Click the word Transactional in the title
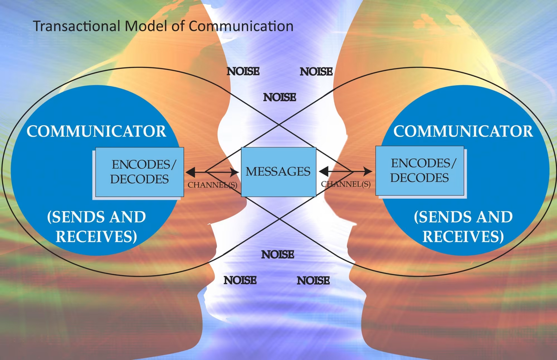(x=76, y=26)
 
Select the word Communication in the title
(x=241, y=26)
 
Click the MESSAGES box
(x=278, y=172)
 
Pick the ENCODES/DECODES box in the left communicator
(x=140, y=172)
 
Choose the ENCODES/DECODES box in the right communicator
(x=420, y=171)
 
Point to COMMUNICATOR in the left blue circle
(x=96, y=131)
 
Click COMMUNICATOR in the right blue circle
(x=463, y=131)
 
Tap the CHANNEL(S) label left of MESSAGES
(x=213, y=185)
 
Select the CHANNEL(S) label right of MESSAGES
(x=346, y=184)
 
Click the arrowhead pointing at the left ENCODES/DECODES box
(x=190, y=172)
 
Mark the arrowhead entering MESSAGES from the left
(x=234, y=172)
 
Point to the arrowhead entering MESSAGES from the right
(x=324, y=172)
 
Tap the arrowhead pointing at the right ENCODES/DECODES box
(x=368, y=172)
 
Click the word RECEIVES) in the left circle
(x=96, y=236)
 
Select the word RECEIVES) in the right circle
(x=463, y=236)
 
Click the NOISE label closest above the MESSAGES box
(x=279, y=97)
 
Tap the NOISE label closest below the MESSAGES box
(x=278, y=255)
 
